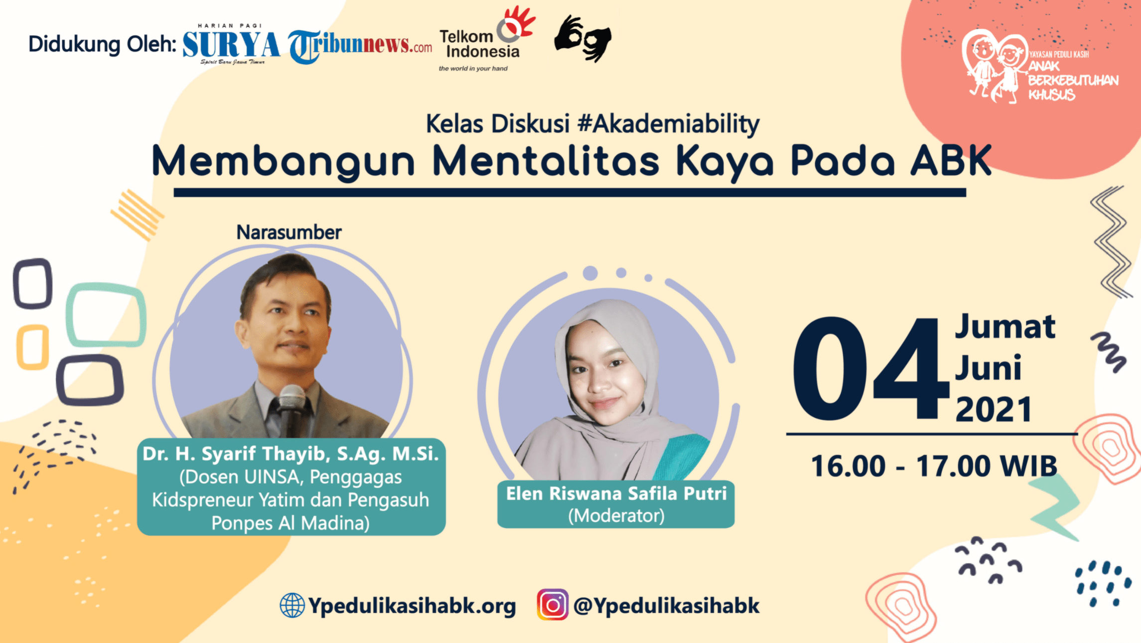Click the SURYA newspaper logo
pyautogui.click(x=231, y=44)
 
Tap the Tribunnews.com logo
pyautogui.click(x=360, y=46)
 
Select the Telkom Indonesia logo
pyautogui.click(x=486, y=39)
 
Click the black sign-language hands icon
pyautogui.click(x=582, y=38)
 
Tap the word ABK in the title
pyautogui.click(x=951, y=161)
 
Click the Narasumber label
pyautogui.click(x=289, y=232)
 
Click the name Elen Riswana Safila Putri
pyautogui.click(x=616, y=493)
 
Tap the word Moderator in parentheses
pyautogui.click(x=616, y=515)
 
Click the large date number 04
pyautogui.click(x=870, y=369)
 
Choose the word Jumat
pyautogui.click(x=1004, y=327)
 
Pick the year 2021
pyautogui.click(x=994, y=410)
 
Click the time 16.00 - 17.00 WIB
pyautogui.click(x=934, y=466)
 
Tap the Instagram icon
pyautogui.click(x=553, y=605)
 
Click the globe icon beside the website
pyautogui.click(x=292, y=606)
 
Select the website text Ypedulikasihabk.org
pyautogui.click(x=412, y=606)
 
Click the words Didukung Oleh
pyautogui.click(x=103, y=44)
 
